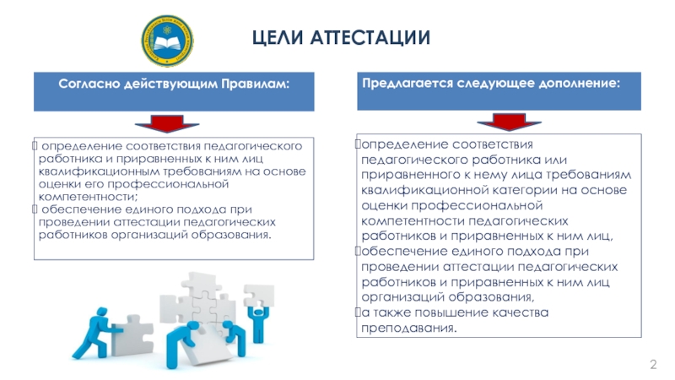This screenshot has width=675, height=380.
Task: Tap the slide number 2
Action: tap(652, 364)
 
